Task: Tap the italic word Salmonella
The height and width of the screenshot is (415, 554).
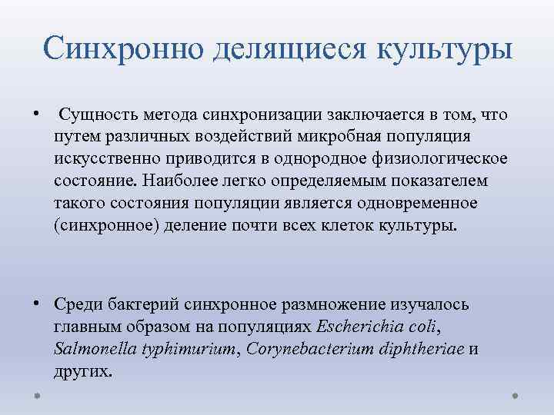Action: click(92, 349)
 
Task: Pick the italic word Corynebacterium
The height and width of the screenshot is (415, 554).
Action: click(307, 349)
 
